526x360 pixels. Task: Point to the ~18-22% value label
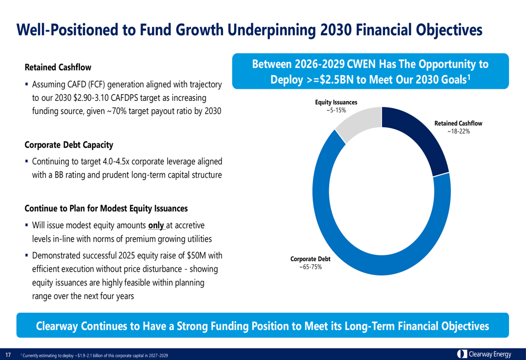pyautogui.click(x=458, y=131)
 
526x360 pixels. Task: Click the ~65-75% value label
pyautogui.click(x=310, y=267)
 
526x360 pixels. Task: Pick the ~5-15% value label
pyautogui.click(x=336, y=110)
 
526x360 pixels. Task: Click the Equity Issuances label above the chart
pyautogui.click(x=336, y=102)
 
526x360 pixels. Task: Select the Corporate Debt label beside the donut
pyautogui.click(x=311, y=259)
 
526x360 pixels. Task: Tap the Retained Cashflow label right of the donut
pyautogui.click(x=458, y=124)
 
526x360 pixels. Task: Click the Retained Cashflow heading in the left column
pyautogui.click(x=58, y=67)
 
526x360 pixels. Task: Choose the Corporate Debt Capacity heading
pyautogui.click(x=69, y=145)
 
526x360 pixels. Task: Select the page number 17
pyautogui.click(x=8, y=355)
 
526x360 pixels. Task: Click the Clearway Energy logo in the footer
pyautogui.click(x=484, y=354)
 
